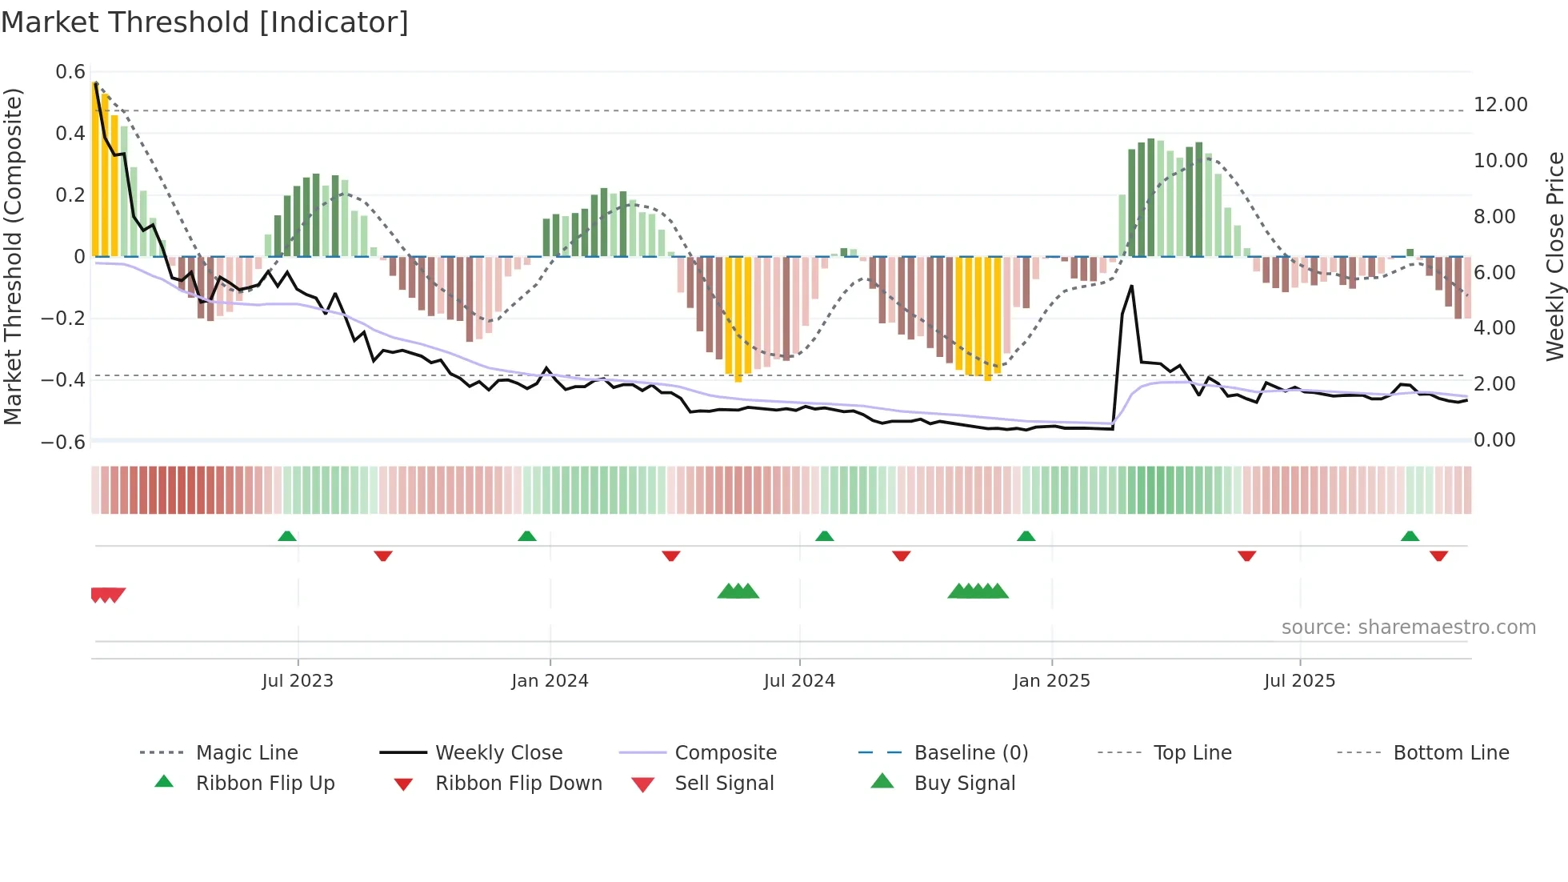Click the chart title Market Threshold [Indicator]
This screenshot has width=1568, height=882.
pyautogui.click(x=205, y=22)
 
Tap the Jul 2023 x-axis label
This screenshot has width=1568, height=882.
pyautogui.click(x=298, y=681)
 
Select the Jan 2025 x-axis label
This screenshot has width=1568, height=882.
pyautogui.click(x=1051, y=681)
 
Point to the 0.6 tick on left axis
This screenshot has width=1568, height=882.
pyautogui.click(x=70, y=72)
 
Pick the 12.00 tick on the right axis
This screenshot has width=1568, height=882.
pyautogui.click(x=1500, y=105)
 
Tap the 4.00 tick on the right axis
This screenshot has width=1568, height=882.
pyautogui.click(x=1494, y=328)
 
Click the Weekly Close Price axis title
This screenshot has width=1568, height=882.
pyautogui.click(x=1554, y=256)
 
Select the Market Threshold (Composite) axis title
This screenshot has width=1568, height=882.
pyautogui.click(x=13, y=256)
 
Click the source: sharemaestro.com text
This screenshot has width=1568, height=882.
pyautogui.click(x=1408, y=627)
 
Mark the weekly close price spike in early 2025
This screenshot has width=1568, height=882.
pyautogui.click(x=1131, y=287)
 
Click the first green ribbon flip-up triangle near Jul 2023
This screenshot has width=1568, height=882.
pyautogui.click(x=287, y=536)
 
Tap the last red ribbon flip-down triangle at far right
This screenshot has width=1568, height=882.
pyautogui.click(x=1438, y=555)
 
